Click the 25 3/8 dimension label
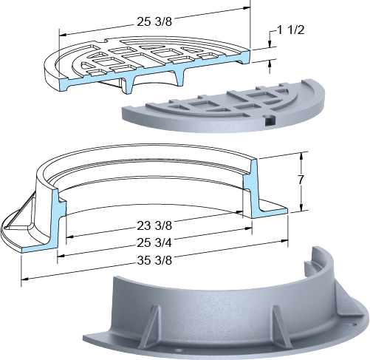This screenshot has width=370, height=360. [x=154, y=21]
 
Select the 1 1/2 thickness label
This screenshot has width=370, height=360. [x=291, y=30]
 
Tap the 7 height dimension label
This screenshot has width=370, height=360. [x=301, y=180]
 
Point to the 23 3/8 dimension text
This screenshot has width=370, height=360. [x=154, y=225]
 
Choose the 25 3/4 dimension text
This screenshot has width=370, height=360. [x=154, y=243]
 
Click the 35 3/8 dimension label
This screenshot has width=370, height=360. [x=154, y=260]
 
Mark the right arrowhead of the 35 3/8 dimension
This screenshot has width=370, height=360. [x=285, y=240]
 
